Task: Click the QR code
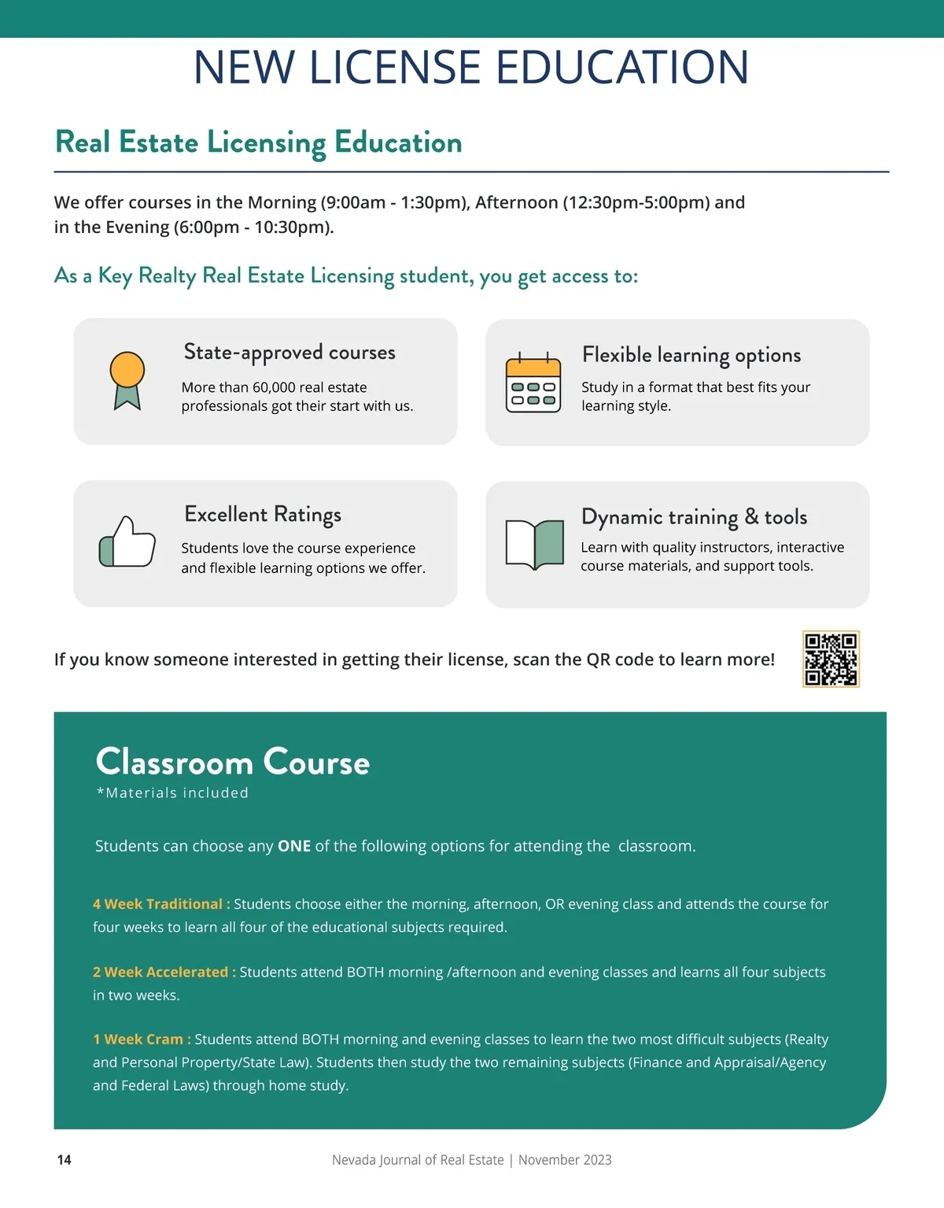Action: (x=831, y=659)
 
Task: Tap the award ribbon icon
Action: (x=127, y=380)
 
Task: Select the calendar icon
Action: (x=533, y=383)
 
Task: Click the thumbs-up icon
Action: (x=127, y=541)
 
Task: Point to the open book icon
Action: (x=535, y=543)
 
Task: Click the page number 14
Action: (x=65, y=1160)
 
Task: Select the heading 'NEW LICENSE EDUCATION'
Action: (x=471, y=68)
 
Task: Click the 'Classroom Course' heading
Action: (x=233, y=762)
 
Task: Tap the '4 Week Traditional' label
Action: (x=161, y=904)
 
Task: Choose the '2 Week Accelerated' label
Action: (x=164, y=972)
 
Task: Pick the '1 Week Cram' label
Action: (x=142, y=1040)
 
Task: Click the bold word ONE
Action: (x=294, y=846)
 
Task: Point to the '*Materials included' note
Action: (x=172, y=793)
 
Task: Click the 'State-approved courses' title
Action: (x=289, y=353)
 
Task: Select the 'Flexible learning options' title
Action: (x=691, y=355)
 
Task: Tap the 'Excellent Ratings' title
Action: (x=263, y=515)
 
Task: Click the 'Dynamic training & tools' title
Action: (x=694, y=517)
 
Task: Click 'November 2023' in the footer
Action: (x=565, y=1160)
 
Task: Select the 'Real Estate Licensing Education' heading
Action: (x=259, y=142)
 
